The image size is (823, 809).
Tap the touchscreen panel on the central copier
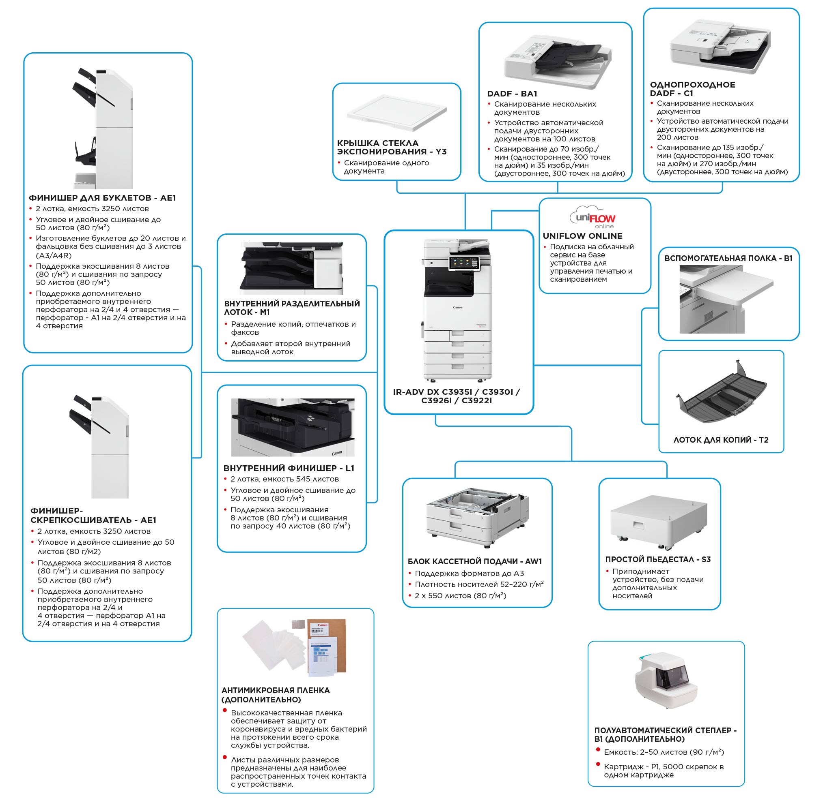(463, 263)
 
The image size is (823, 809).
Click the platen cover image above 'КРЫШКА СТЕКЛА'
(396, 113)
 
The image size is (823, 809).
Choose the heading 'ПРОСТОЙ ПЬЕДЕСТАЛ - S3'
(658, 559)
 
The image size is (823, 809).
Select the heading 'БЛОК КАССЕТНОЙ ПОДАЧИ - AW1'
(475, 561)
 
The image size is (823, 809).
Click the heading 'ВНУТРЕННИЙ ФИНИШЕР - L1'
(289, 468)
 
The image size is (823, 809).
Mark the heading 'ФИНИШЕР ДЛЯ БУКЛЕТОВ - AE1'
(102, 197)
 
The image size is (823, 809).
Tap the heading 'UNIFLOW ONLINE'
(582, 236)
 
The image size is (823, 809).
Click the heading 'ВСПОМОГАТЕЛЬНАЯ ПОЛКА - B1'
(728, 258)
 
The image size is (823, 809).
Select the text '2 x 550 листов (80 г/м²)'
(460, 595)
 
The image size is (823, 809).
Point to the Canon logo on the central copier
(457, 307)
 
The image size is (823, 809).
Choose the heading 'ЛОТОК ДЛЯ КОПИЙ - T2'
(720, 440)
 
